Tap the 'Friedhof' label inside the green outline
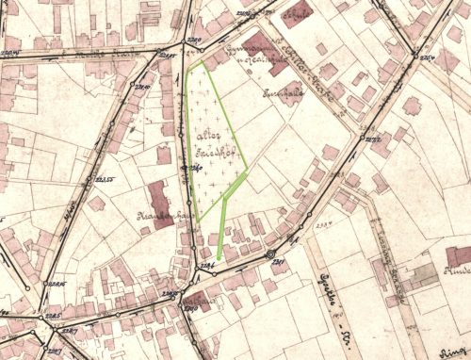click(x=212, y=151)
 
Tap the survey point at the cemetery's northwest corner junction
click(x=186, y=45)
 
